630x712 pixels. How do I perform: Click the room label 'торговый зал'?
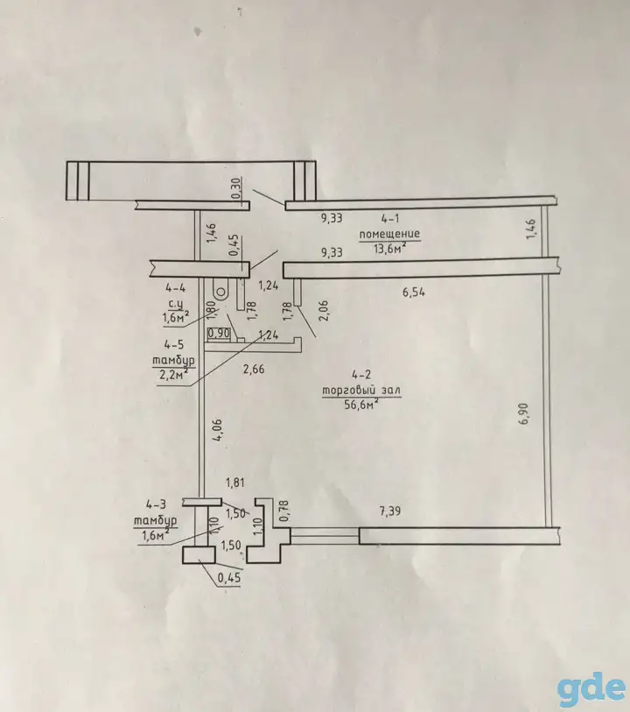(361, 390)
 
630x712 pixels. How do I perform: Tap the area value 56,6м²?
(361, 405)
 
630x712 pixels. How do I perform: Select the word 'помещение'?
(389, 235)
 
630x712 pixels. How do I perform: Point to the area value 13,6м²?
(389, 249)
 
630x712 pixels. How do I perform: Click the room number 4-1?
(390, 219)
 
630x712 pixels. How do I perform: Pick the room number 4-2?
(361, 375)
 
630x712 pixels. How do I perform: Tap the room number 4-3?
(156, 504)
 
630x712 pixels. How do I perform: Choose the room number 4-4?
(176, 287)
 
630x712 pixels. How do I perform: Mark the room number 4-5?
(174, 345)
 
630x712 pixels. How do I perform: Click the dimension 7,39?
(389, 511)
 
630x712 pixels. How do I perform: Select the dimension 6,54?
(414, 293)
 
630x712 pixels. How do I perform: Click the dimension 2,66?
(254, 370)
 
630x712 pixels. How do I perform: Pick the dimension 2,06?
(324, 311)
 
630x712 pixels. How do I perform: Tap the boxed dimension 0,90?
(219, 334)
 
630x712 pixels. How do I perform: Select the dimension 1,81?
(235, 483)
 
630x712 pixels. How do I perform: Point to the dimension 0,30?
(237, 188)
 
